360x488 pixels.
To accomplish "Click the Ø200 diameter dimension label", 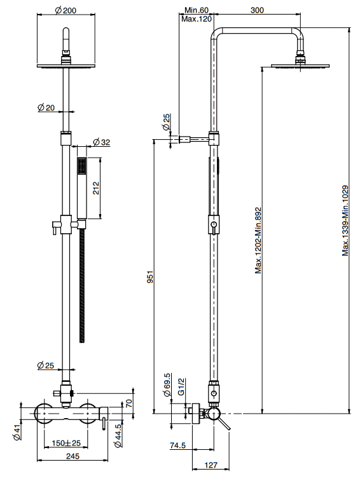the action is (x=66, y=10).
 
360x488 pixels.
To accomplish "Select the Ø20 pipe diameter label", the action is (x=46, y=107).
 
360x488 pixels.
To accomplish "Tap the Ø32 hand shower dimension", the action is (x=102, y=142).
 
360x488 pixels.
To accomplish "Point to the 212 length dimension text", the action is (x=95, y=188).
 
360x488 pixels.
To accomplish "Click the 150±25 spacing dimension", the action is (x=66, y=442).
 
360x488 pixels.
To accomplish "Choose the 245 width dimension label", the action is (x=73, y=456).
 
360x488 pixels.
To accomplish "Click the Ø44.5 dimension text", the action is (x=118, y=436).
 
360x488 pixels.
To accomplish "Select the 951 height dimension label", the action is (x=150, y=276).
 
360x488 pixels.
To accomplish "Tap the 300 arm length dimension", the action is (x=257, y=10).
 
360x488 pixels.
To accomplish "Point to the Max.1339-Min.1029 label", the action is (x=345, y=220).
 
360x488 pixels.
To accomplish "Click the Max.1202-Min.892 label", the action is (x=258, y=241).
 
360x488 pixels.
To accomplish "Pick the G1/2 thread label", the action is (x=181, y=386).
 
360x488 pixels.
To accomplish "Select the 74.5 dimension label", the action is (x=178, y=445).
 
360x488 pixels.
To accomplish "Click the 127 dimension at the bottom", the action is (x=211, y=465).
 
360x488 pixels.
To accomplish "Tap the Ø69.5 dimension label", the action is (x=167, y=385).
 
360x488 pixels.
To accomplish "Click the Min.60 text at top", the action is (x=197, y=10).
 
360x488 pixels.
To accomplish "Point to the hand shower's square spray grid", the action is (x=82, y=166).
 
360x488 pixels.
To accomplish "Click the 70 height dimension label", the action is (x=128, y=403).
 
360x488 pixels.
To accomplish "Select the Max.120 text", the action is (x=197, y=19).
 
